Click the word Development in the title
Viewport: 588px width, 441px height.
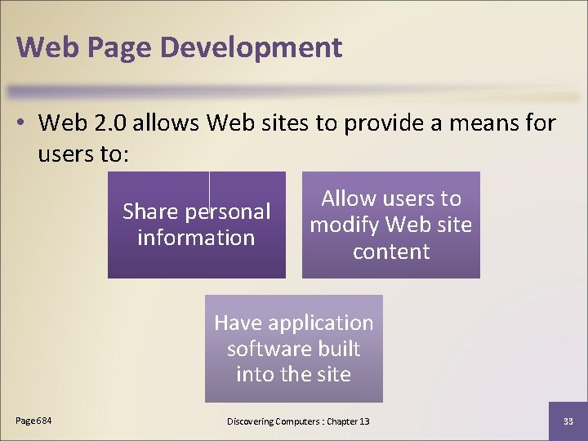[252, 47]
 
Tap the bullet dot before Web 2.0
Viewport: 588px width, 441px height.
[22, 123]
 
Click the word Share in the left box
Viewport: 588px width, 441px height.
[150, 212]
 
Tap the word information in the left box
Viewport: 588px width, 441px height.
[196, 238]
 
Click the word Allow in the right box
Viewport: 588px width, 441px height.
[349, 198]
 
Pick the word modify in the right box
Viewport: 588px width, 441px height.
[345, 225]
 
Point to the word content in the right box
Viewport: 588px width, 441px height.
[391, 252]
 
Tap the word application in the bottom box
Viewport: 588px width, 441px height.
[319, 323]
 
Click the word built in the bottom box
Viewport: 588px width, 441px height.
[339, 350]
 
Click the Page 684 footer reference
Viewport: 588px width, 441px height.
[33, 420]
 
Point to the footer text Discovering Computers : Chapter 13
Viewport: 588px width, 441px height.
[298, 421]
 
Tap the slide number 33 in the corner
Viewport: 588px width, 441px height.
[568, 421]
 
